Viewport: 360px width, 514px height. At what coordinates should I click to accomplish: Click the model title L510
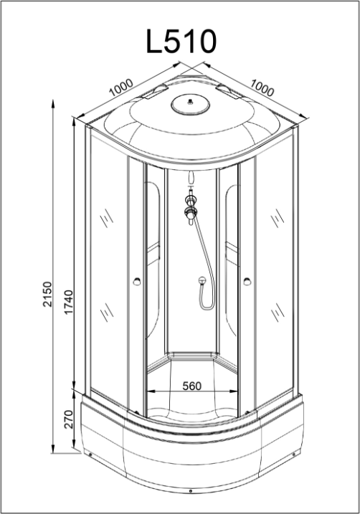click(181, 42)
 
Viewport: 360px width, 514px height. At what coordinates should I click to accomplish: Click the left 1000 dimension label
click(121, 87)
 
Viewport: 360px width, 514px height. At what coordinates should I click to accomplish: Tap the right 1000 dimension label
click(262, 87)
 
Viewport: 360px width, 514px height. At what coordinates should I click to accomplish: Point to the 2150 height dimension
click(48, 294)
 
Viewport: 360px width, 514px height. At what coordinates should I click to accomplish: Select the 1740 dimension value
click(69, 302)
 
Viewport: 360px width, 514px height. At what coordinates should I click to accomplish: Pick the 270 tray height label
click(69, 419)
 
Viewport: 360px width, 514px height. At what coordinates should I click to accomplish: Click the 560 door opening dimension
click(191, 386)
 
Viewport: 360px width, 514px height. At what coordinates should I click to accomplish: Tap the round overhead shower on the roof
click(190, 105)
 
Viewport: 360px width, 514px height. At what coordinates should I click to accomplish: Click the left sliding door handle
click(137, 281)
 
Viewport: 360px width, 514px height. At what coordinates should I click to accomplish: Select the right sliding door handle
click(247, 281)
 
